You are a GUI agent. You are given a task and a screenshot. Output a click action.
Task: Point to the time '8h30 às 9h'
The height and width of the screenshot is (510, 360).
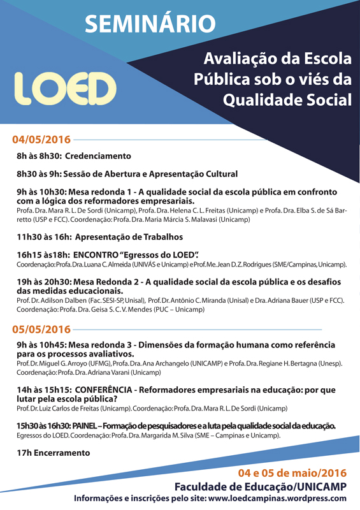(x=38, y=173)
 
